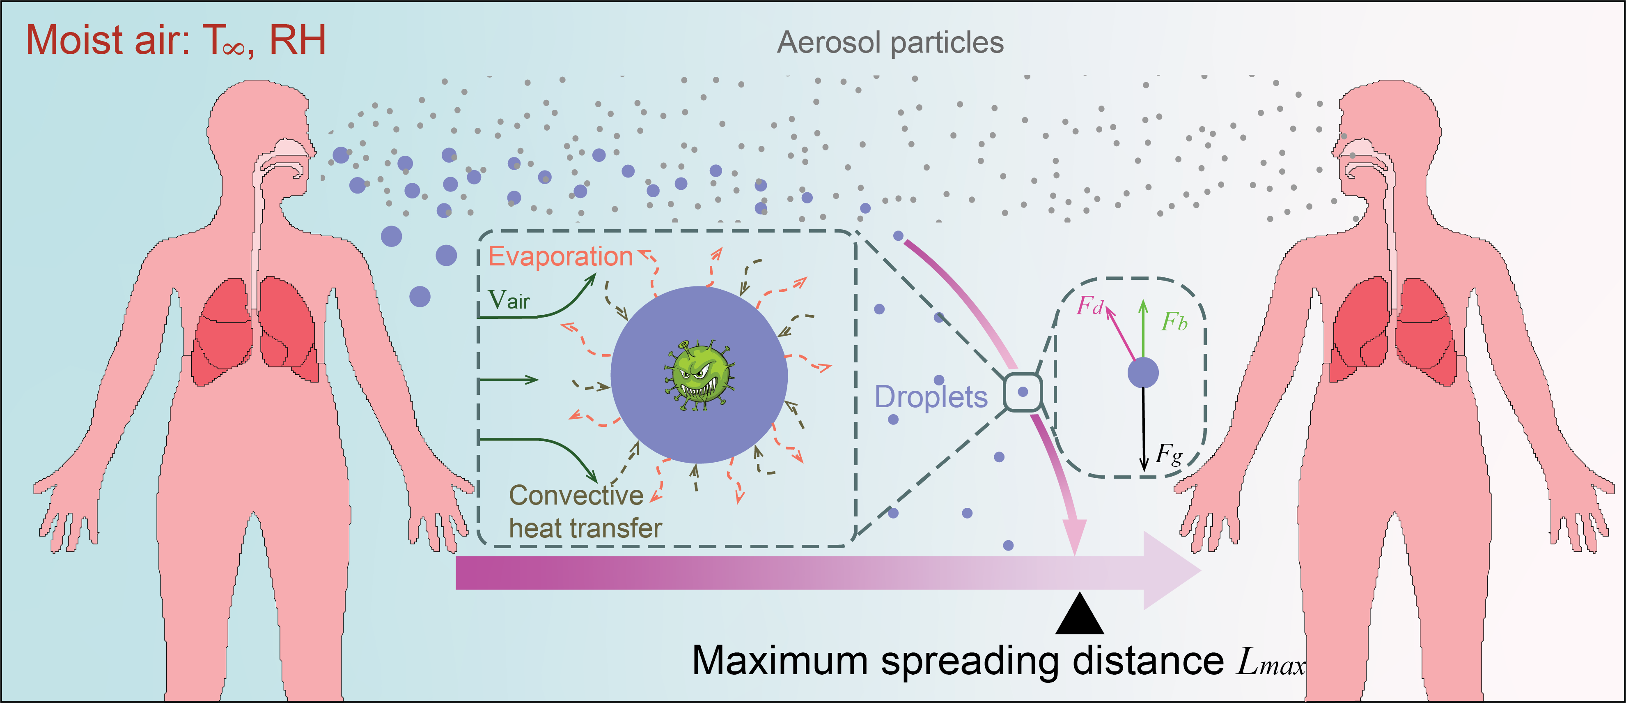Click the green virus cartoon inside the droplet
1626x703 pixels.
pos(699,376)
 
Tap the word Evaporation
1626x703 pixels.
pos(560,256)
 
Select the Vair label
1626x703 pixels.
pos(509,300)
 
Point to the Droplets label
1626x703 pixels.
pos(931,396)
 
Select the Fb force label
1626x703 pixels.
pos(1174,322)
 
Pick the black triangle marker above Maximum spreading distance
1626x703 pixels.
pos(1079,616)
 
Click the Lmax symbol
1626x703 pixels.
pos(1270,662)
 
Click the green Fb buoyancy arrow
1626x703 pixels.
pos(1143,328)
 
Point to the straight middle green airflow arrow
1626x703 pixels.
pos(508,380)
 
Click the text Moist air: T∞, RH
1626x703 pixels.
pos(175,40)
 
